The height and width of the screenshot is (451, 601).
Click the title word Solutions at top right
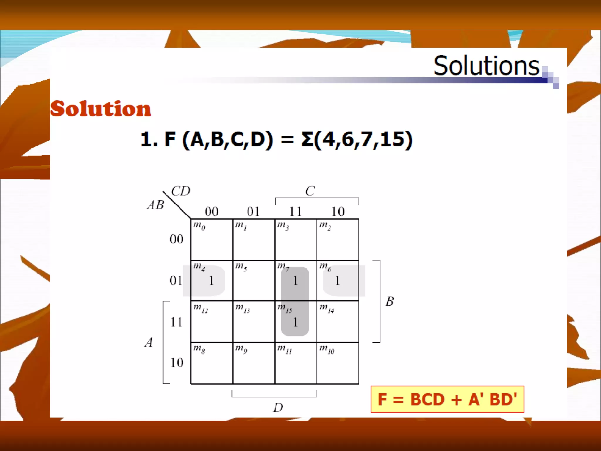click(x=486, y=65)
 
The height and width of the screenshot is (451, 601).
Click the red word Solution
click(x=101, y=109)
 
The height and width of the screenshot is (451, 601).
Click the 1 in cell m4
click(x=211, y=281)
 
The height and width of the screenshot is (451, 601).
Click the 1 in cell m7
click(x=296, y=281)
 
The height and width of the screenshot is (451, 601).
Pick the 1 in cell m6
click(x=337, y=281)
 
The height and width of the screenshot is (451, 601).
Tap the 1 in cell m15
click(x=296, y=322)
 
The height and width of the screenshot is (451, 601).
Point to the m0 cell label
click(x=199, y=226)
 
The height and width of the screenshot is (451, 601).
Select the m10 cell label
click(x=327, y=349)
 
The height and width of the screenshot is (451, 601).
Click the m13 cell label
click(x=242, y=308)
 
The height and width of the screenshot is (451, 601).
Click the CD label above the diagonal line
click(x=181, y=191)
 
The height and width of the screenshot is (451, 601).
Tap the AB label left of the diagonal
click(x=156, y=205)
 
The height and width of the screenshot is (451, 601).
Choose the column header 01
click(x=253, y=211)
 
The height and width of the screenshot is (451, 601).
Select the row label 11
click(x=176, y=322)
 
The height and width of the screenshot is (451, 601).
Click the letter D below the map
click(x=278, y=408)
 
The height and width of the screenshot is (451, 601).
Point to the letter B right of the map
click(x=390, y=301)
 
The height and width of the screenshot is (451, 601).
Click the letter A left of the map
click(x=149, y=342)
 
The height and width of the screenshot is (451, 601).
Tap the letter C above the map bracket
click(x=310, y=191)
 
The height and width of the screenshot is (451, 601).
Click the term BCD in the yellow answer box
click(x=427, y=400)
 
